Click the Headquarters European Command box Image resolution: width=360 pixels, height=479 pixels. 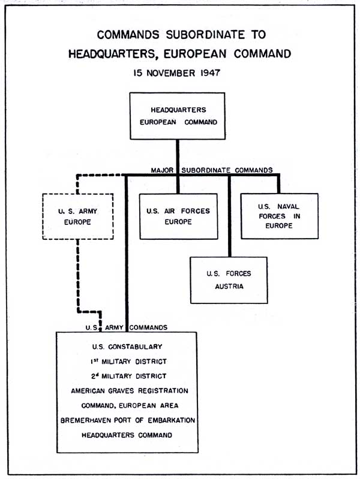(177, 116)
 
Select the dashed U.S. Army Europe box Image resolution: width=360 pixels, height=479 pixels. (78, 217)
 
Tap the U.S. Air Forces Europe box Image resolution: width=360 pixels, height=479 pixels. (177, 216)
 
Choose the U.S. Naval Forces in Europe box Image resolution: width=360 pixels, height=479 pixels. (279, 216)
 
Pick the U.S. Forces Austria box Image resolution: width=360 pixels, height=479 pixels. (229, 280)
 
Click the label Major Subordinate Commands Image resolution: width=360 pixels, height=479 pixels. (211, 170)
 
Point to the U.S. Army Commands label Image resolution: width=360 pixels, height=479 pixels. (125, 328)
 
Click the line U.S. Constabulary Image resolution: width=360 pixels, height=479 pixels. (127, 347)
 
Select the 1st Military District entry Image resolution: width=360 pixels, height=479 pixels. (127, 361)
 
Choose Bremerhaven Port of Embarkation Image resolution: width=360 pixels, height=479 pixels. (127, 420)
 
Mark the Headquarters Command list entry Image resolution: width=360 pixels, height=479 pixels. (127, 435)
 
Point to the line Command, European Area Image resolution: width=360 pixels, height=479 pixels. (127, 405)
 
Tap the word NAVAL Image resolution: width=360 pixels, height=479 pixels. (289, 207)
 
